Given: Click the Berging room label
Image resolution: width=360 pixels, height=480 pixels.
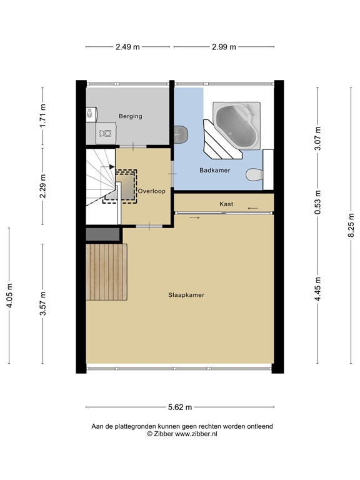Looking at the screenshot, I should point(131,116).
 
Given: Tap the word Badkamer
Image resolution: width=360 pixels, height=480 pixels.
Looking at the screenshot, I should point(214,170).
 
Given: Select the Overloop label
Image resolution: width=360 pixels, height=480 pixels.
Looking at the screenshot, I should point(152,191).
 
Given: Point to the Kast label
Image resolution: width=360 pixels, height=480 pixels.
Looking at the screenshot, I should point(226,204).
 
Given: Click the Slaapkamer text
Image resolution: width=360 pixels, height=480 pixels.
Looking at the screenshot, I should point(186,295).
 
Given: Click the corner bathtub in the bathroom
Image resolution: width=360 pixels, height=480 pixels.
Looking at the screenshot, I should point(237,126).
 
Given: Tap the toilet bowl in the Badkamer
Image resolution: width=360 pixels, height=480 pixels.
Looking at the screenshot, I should point(254,174).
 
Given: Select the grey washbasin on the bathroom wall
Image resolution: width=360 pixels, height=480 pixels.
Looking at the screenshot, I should point(181,134).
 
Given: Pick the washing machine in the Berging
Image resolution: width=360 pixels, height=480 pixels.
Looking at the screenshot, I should point(106,132).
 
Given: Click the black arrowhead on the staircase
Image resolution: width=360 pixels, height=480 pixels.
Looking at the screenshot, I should point(111,167).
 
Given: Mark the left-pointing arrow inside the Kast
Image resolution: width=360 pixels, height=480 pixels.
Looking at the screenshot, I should point(252,209).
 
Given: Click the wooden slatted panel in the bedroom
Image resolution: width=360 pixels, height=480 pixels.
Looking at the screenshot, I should point(106,272).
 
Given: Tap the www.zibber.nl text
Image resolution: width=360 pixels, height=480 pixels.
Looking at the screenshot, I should point(196,434).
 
